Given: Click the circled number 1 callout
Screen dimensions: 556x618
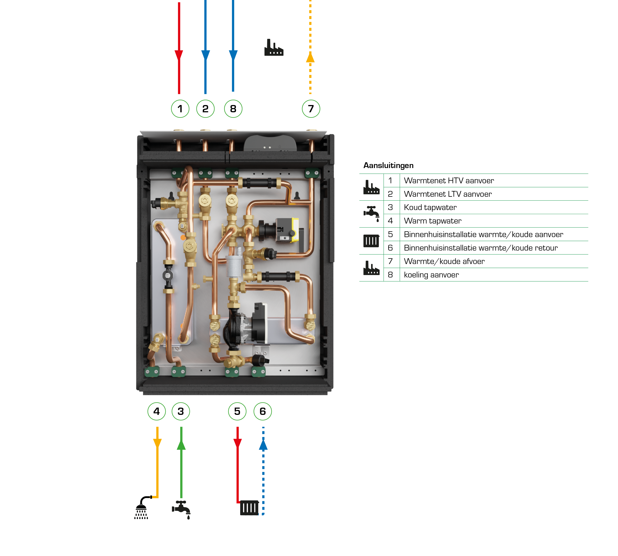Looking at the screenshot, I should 180,109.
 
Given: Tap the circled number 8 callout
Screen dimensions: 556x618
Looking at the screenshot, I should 233,109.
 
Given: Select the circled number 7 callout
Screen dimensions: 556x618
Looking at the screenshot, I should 311,109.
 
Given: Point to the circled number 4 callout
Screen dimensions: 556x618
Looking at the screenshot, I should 156,411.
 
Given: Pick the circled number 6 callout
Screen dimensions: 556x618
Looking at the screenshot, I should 263,411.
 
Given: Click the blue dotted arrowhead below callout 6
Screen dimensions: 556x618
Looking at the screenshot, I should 263,445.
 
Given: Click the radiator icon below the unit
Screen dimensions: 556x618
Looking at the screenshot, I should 249,508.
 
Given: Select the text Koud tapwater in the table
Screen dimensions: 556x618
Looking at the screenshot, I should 430,207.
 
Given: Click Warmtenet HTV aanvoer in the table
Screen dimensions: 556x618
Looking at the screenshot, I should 449,181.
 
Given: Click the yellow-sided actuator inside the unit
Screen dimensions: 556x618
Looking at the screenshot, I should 287,230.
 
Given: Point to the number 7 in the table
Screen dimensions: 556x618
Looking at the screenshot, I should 390,261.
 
